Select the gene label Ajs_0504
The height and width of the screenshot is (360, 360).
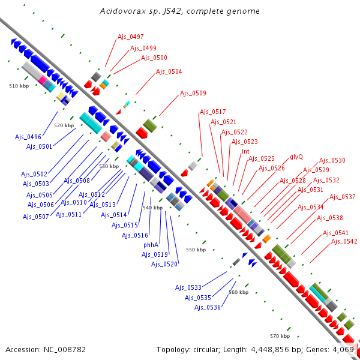pos(169,72)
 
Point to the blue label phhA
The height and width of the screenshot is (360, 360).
pos(151,245)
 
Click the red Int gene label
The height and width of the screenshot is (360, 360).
pos(245,151)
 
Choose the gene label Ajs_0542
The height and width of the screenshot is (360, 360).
pos(345,241)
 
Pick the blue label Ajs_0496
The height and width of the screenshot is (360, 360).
pos(28,137)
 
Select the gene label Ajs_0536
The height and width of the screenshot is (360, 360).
pos(208,307)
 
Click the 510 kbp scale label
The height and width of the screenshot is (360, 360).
pos(19,86)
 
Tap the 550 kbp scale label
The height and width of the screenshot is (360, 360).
pos(196,250)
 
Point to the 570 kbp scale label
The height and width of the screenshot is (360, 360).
pos(280,336)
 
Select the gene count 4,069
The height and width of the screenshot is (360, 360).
pos(343,349)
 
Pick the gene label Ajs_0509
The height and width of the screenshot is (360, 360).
pos(193,94)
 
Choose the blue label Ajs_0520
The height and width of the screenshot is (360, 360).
pos(164,264)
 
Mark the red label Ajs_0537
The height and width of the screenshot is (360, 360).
pos(342,197)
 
